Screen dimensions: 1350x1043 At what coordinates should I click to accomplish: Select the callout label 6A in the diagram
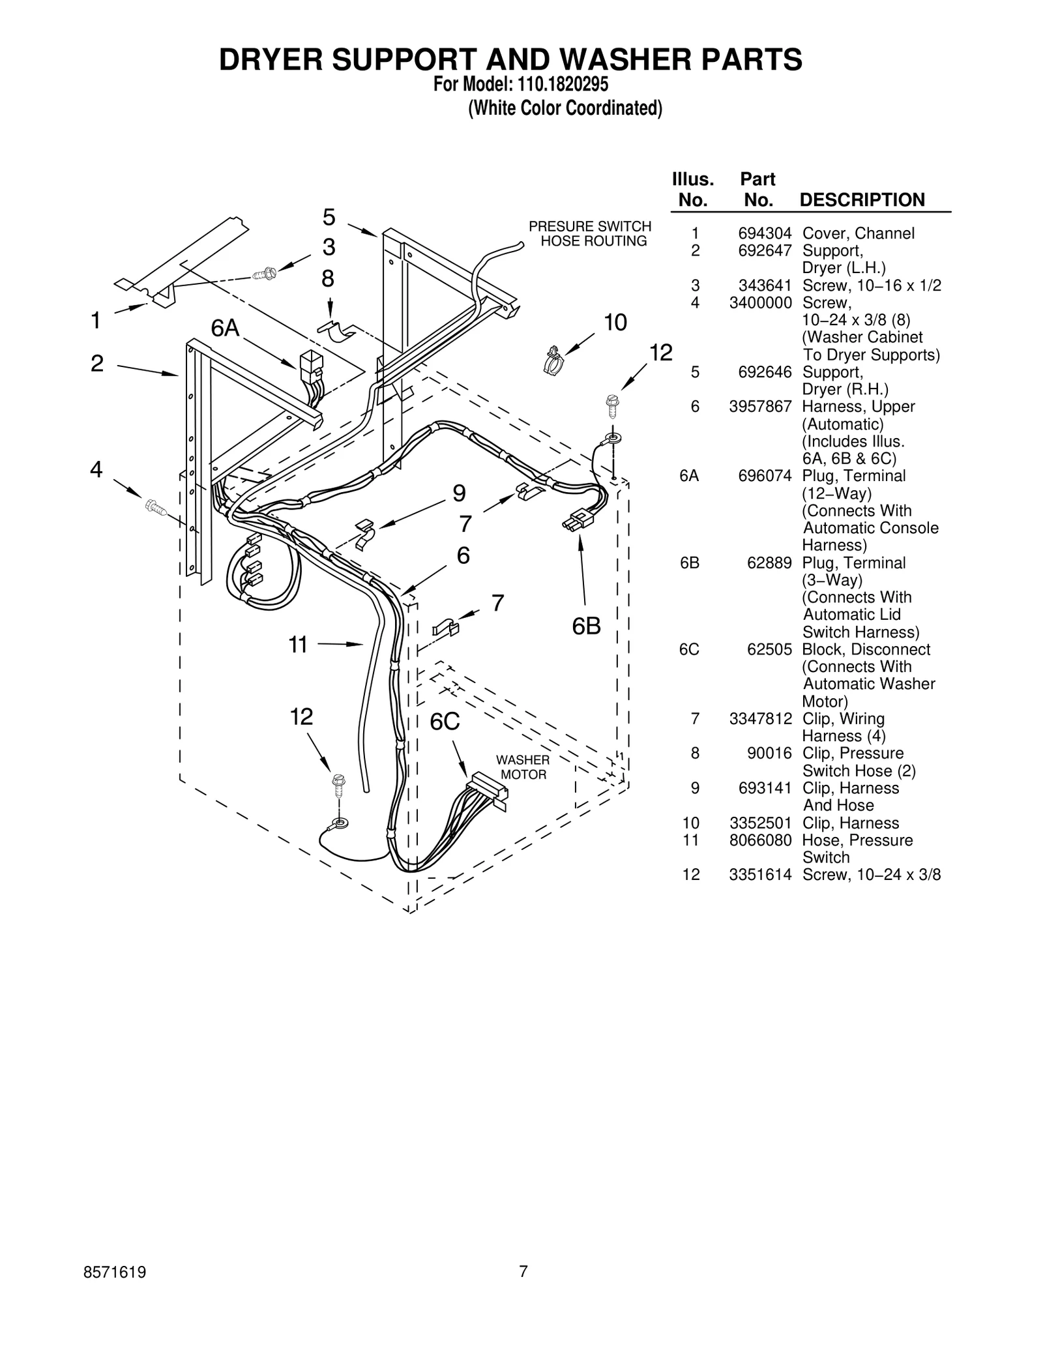[225, 328]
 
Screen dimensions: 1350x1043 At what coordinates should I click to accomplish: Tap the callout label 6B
[586, 626]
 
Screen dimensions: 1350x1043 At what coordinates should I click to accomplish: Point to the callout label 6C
[445, 722]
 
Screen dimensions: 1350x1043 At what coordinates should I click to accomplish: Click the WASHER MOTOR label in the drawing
[523, 767]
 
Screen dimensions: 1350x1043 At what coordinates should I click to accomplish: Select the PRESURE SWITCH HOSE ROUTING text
[590, 233]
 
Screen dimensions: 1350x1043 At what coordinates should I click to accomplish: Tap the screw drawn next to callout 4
[154, 505]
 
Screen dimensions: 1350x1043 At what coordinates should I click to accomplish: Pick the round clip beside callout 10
[552, 359]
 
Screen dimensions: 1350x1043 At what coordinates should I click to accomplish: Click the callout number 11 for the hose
[298, 645]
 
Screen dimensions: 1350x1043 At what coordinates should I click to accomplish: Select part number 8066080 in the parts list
[760, 840]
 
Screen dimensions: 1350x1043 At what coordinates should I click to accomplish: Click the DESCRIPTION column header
[862, 199]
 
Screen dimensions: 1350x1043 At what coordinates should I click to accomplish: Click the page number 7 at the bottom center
[523, 1289]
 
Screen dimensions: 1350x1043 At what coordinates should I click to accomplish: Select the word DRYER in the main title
[271, 59]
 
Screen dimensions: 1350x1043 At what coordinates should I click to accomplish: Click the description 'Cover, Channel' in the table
[858, 233]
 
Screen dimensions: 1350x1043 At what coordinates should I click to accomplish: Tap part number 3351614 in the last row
[760, 875]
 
